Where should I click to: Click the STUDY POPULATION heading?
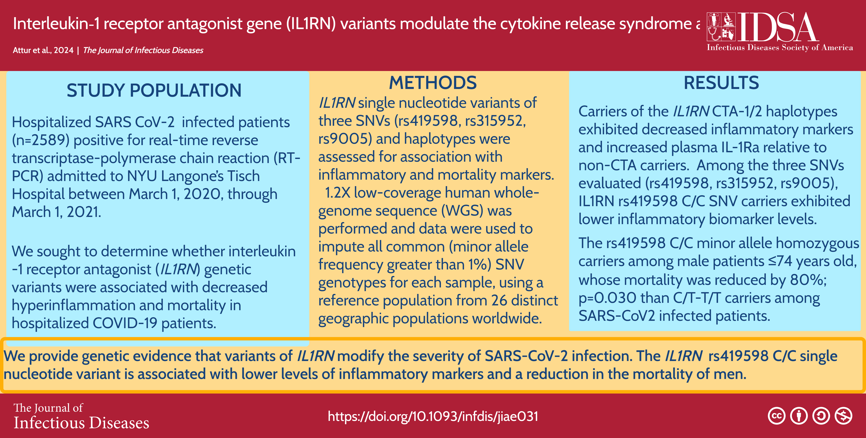[154, 91]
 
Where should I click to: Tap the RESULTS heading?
[721, 83]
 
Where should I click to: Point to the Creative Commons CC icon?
[777, 416]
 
